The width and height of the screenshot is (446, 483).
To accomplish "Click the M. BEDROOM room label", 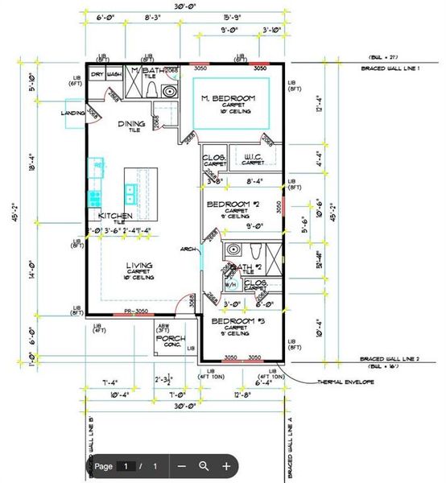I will [x=228, y=98].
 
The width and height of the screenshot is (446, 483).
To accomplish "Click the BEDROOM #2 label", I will [x=232, y=204].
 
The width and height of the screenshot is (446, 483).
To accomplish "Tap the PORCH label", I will [x=167, y=338].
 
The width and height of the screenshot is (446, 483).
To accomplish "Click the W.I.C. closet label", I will [x=254, y=156].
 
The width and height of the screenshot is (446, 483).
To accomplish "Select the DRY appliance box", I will [x=97, y=73].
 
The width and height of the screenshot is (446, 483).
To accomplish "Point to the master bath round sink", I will [x=169, y=92].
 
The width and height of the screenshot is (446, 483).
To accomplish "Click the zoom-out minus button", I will [x=182, y=465].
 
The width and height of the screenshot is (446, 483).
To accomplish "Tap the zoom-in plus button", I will [x=226, y=465].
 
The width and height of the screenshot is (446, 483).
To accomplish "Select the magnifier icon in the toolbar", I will [x=204, y=465].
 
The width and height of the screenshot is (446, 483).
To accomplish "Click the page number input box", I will [x=126, y=466].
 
